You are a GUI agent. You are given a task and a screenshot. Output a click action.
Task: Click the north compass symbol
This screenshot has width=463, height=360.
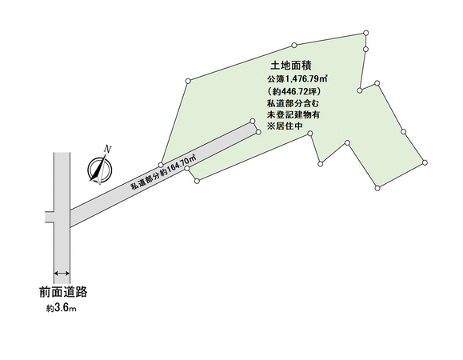pyautogui.click(x=100, y=170)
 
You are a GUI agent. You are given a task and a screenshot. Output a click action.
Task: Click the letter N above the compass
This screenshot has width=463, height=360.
pyautogui.click(x=109, y=149)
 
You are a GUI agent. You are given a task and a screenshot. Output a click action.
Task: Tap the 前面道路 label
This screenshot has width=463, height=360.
pyautogui.click(x=63, y=292)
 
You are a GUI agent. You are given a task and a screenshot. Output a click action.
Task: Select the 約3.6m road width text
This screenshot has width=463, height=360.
pyautogui.click(x=62, y=309)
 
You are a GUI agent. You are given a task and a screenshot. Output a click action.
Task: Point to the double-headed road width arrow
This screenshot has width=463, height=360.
pyautogui.click(x=62, y=273)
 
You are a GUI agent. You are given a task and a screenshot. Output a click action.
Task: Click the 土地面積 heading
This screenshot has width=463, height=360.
pyautogui.click(x=291, y=66)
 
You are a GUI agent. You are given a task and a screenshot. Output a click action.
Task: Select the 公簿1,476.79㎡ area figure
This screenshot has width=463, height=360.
pyautogui.click(x=297, y=79)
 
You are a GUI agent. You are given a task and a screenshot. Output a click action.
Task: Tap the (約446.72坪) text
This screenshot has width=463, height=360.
pyautogui.click(x=293, y=92)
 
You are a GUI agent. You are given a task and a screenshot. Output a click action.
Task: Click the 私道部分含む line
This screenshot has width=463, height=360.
pyautogui.click(x=293, y=104)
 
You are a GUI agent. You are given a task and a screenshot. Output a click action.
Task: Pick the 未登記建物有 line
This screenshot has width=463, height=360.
pyautogui.click(x=293, y=114)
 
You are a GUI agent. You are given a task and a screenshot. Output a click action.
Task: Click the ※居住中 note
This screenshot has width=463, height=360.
pyautogui.click(x=285, y=126)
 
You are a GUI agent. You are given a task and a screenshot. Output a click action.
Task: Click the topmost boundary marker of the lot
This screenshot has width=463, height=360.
pyautogui.click(x=366, y=33)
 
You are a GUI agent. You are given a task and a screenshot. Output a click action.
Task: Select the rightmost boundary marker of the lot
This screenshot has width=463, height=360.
pyautogui.click(x=425, y=162)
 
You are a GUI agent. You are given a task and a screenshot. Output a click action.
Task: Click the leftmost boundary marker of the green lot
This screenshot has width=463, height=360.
pyautogui.click(x=161, y=165)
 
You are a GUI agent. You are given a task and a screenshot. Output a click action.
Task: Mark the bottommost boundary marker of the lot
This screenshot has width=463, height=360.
pyautogui.click(x=377, y=188)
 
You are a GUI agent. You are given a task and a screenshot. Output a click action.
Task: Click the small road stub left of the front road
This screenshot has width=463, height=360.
pyautogui.click(x=50, y=217)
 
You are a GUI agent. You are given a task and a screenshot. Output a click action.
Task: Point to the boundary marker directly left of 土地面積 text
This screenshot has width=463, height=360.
pyautogui.click(x=188, y=81)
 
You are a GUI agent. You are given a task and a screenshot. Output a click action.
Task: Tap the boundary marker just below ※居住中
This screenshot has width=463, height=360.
pyautogui.click(x=310, y=134)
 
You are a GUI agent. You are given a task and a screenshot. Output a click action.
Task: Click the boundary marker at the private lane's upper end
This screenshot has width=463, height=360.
pyautogui.click(x=252, y=121)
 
